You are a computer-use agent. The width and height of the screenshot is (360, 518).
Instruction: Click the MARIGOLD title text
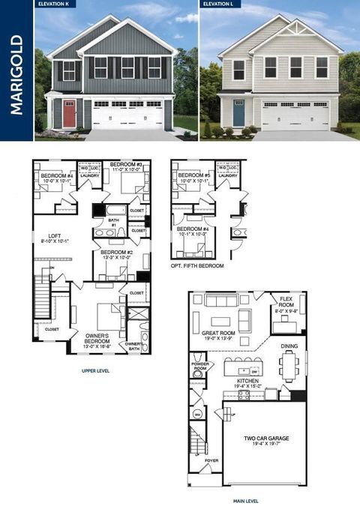[x=16, y=73]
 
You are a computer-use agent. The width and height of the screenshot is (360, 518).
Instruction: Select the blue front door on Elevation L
[x=238, y=114]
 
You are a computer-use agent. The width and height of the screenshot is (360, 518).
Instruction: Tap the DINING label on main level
[x=290, y=346]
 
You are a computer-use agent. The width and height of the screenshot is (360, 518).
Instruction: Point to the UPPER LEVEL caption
[x=96, y=370]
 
